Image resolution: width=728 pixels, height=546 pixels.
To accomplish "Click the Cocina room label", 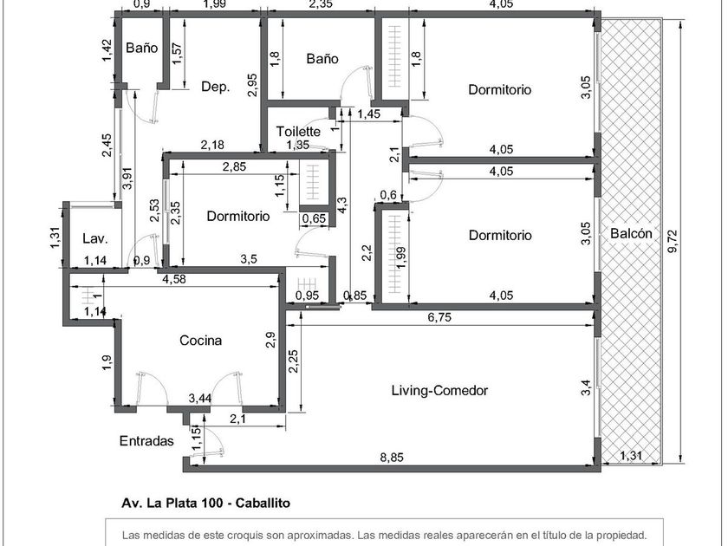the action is pyautogui.click(x=200, y=341).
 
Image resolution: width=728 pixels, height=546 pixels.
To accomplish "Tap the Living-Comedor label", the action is pyautogui.click(x=439, y=391).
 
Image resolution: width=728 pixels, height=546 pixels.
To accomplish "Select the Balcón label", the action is pyautogui.click(x=631, y=233).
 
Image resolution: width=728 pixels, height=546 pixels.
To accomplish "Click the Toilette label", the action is pyautogui.click(x=298, y=132).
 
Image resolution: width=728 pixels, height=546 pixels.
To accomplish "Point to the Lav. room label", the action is pyautogui.click(x=95, y=239).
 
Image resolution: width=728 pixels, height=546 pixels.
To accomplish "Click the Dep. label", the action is pyautogui.click(x=216, y=88).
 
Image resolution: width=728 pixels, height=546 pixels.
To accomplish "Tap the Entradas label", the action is pyautogui.click(x=146, y=440).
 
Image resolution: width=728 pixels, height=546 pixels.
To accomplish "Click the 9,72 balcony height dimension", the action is pyautogui.click(x=673, y=241).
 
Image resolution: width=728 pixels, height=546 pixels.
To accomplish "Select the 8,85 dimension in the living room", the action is pyautogui.click(x=392, y=458).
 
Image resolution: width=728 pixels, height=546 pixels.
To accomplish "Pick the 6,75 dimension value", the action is pyautogui.click(x=439, y=317).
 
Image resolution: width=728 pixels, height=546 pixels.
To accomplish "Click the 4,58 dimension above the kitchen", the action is pyautogui.click(x=174, y=279).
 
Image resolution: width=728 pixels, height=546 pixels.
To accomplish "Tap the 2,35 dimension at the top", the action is pyautogui.click(x=321, y=4).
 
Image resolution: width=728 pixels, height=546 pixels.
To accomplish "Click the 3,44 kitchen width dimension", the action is pyautogui.click(x=200, y=398).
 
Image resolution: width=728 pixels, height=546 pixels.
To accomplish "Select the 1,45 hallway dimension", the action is pyautogui.click(x=368, y=114).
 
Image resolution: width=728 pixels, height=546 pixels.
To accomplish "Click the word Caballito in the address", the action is pyautogui.click(x=263, y=503).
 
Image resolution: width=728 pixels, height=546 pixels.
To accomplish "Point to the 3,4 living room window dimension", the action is pyautogui.click(x=587, y=387).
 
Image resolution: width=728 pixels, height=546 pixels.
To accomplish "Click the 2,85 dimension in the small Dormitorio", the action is pyautogui.click(x=235, y=166).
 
